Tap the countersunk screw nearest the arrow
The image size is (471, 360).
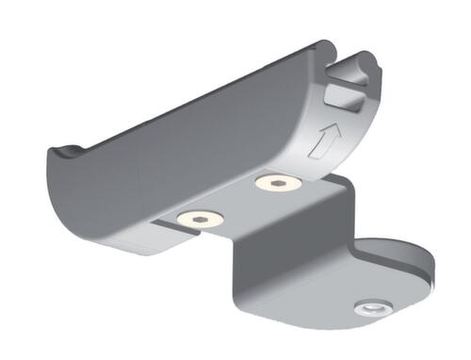(x=279, y=181)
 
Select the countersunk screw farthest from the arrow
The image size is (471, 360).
(x=199, y=218)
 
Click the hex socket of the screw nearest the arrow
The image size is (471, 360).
(x=279, y=181)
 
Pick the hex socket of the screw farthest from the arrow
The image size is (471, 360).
(x=199, y=218)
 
